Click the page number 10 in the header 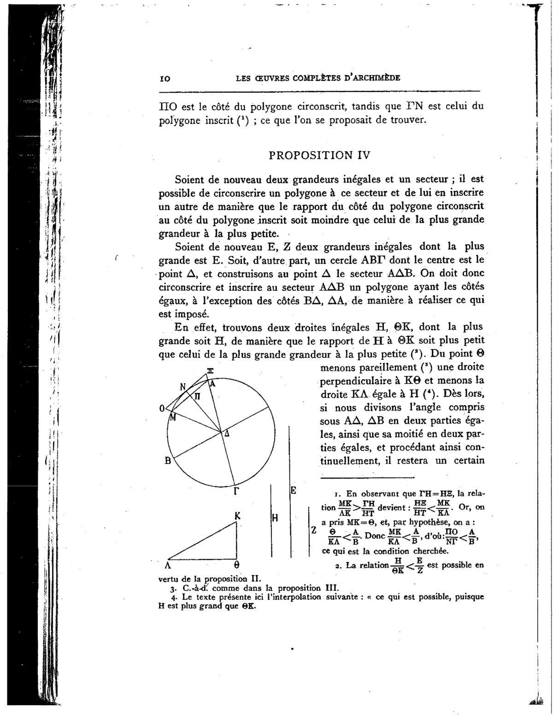pyautogui.click(x=163, y=79)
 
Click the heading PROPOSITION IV pyautogui.click(x=319, y=155)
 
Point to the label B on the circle pyautogui.click(x=169, y=460)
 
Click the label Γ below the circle pyautogui.click(x=236, y=491)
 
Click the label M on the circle pyautogui.click(x=173, y=418)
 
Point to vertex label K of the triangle pyautogui.click(x=237, y=516)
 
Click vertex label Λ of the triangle pyautogui.click(x=169, y=565)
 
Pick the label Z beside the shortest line pyautogui.click(x=313, y=530)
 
